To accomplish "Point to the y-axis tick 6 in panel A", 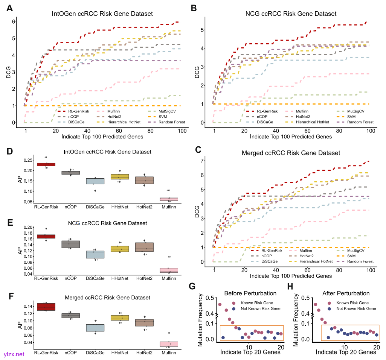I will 13,21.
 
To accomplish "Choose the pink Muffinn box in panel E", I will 169,270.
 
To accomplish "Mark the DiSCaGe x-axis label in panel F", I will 95,353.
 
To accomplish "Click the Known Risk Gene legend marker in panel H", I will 330,303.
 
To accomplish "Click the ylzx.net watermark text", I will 14,354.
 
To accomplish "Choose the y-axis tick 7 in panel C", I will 202,161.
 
